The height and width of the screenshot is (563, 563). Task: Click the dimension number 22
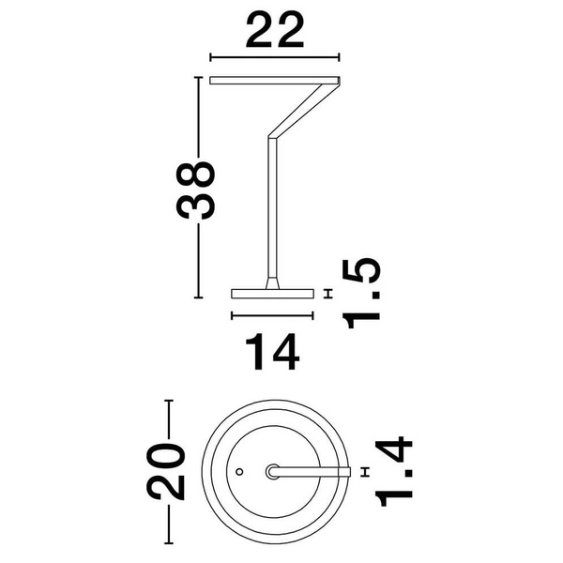(274, 31)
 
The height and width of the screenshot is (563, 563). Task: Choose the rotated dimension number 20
(168, 471)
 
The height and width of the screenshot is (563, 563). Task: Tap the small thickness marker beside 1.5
(327, 294)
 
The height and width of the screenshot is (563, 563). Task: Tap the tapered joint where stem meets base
(272, 281)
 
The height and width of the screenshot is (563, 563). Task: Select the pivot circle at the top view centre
(273, 471)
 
